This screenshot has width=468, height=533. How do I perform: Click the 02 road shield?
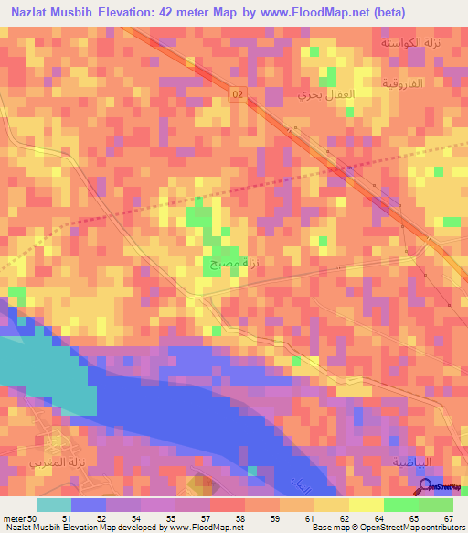tap(239, 94)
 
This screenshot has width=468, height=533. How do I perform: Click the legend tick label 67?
tap(448, 518)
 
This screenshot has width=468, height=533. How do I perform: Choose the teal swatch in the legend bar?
tap(54, 505)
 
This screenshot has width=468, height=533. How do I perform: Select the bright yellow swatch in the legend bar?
tap(366, 505)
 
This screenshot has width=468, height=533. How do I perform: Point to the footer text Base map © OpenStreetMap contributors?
tap(388, 528)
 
